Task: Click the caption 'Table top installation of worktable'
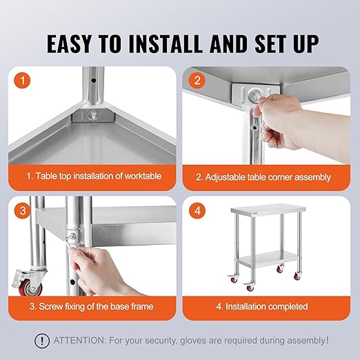tap(94, 177)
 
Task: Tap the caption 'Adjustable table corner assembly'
tap(268, 177)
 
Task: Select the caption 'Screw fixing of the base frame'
tap(91, 306)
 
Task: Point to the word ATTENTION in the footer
tap(79, 340)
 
